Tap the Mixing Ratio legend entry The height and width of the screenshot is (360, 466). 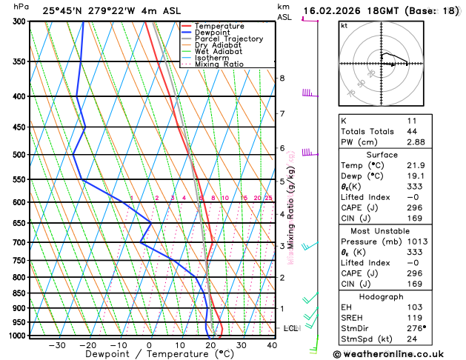217,64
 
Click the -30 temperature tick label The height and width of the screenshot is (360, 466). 57,345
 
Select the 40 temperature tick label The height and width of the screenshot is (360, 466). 272,345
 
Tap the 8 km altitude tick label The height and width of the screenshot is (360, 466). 282,78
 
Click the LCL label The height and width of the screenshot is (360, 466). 290,327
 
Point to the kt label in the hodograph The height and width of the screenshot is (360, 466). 344,26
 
